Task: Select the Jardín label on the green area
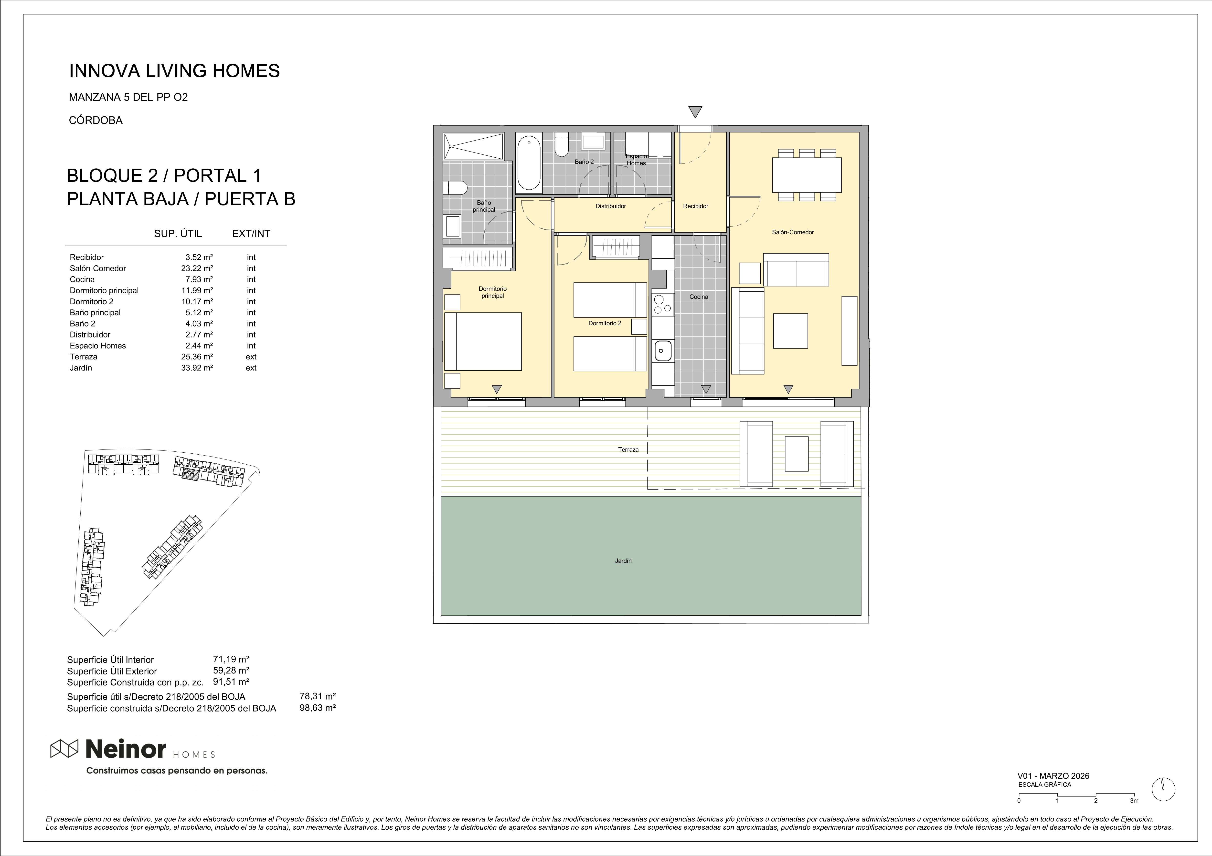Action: click(x=623, y=561)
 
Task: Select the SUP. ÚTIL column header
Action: click(x=178, y=234)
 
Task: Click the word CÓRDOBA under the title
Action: click(x=96, y=120)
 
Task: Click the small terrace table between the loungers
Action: click(x=797, y=454)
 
